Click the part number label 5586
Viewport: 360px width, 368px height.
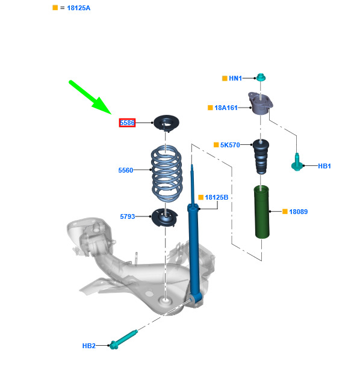tap(127, 123)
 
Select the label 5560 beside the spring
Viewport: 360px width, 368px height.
tap(126, 170)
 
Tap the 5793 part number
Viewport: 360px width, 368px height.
tap(128, 216)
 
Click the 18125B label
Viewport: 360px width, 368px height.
tap(217, 197)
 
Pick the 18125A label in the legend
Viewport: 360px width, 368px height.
tap(79, 8)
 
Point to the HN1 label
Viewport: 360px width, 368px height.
tap(235, 78)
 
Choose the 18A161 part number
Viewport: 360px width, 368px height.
tap(226, 108)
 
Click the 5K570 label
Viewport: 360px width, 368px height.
tap(230, 145)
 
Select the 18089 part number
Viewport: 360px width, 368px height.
tap(299, 212)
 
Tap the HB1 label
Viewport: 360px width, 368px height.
tap(324, 166)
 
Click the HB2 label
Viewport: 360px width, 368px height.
tap(89, 346)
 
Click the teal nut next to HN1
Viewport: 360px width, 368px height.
tap(261, 77)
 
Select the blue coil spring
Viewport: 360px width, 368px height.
tap(167, 174)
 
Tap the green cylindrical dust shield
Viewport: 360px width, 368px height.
tap(261, 212)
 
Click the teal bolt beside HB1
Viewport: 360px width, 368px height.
tap(297, 162)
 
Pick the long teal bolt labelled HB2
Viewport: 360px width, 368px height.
tap(123, 340)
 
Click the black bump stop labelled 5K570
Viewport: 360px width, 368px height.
tap(261, 156)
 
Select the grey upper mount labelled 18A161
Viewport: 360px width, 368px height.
tap(260, 103)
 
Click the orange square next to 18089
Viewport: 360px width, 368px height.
tap(285, 212)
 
